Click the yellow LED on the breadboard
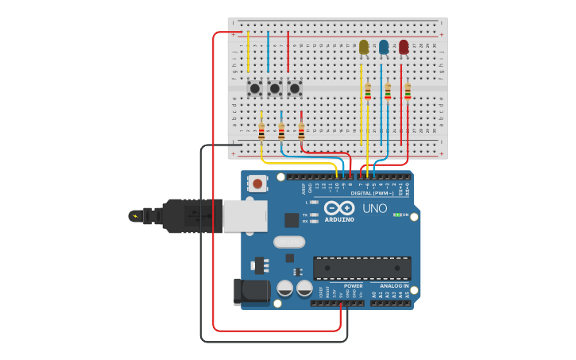point(364,48)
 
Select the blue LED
point(384,48)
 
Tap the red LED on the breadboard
point(404,48)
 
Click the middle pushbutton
point(275,88)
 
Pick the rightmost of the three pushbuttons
point(295,88)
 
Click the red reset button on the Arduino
point(257,184)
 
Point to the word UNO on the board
point(374,209)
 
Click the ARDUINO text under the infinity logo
point(339,219)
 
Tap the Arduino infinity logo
point(339,208)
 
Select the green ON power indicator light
point(397,215)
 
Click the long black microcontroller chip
point(361,268)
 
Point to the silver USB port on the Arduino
point(245,215)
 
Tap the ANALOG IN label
point(393,286)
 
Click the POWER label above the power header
point(354,286)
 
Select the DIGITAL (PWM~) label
point(372,193)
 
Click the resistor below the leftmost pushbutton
point(261,131)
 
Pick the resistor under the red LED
point(408,92)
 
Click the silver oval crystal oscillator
point(289,242)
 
